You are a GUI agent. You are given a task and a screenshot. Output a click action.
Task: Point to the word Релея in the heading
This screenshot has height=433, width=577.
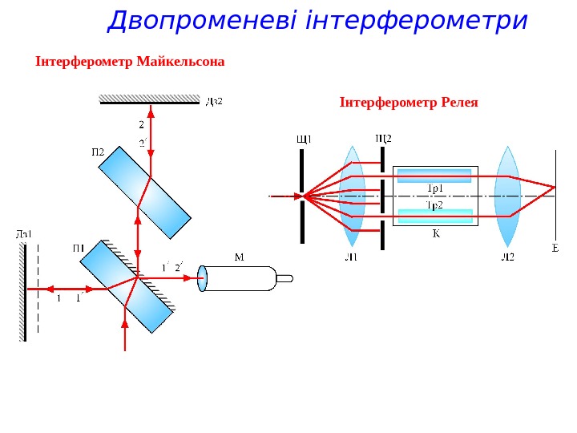point(460,103)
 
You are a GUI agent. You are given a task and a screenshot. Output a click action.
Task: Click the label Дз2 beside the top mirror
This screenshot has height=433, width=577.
point(214,102)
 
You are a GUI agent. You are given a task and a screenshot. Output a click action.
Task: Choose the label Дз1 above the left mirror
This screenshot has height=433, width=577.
point(24,234)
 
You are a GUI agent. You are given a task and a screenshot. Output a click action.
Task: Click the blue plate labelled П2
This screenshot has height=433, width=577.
point(145,192)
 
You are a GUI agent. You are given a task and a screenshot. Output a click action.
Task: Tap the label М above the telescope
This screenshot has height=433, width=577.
point(239,257)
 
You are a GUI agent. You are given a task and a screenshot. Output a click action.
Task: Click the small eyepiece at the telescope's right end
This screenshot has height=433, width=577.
point(284,279)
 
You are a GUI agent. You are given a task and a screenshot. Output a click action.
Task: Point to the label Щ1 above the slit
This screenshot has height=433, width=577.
point(304,138)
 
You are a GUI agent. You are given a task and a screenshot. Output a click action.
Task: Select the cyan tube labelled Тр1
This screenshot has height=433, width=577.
point(435,176)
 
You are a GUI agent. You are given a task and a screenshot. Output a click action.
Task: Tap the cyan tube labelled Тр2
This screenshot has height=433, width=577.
point(435,215)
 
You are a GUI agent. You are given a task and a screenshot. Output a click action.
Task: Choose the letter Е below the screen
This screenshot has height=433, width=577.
point(555,249)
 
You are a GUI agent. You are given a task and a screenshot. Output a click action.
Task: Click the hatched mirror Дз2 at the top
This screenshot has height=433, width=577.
point(149,99)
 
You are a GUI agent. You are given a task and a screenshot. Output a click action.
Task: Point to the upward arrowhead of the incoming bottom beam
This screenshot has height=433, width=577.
point(125,322)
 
